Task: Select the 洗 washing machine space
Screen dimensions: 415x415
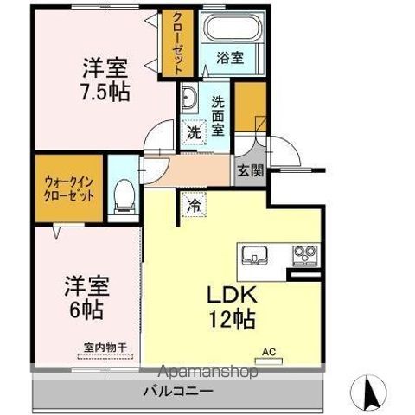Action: [195, 132]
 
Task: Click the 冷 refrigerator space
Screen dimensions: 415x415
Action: [194, 207]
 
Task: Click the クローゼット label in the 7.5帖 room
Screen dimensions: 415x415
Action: [177, 44]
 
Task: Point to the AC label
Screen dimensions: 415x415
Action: [269, 351]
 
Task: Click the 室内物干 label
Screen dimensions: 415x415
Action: [105, 348]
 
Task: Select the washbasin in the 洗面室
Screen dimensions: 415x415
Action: [191, 97]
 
